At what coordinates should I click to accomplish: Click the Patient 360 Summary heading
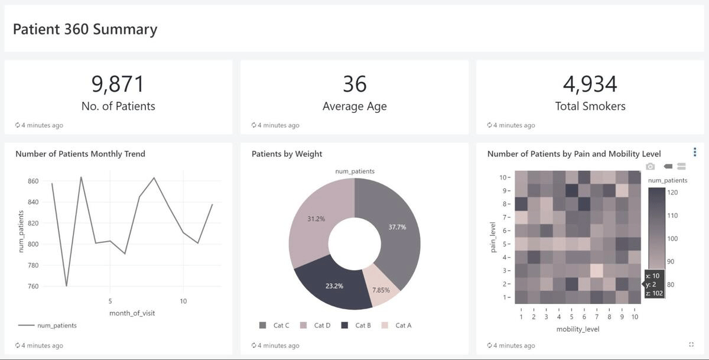coord(85,30)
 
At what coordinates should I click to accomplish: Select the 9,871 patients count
coord(118,85)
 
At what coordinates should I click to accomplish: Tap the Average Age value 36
coord(354,85)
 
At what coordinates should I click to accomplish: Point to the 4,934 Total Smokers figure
coord(590,85)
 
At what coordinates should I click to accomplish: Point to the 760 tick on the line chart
coord(33,287)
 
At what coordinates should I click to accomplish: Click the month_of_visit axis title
coord(132,313)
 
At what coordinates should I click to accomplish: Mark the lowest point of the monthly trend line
coord(66,286)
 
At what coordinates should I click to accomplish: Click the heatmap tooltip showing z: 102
coord(653,284)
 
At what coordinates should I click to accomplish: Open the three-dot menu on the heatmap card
coord(695,153)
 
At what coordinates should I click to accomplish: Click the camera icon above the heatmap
coord(651,167)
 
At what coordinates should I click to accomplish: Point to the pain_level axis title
coord(493,237)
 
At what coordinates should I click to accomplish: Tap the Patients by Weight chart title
coord(287,154)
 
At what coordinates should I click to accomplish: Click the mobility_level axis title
coord(577,329)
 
